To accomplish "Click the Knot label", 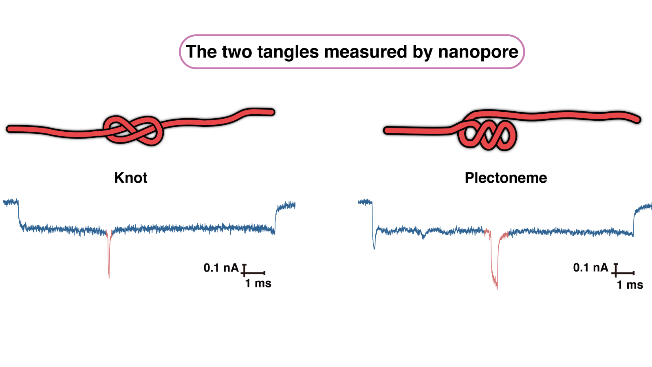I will [x=130, y=178].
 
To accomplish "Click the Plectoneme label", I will [x=506, y=178].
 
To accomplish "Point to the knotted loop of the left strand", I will [x=133, y=130].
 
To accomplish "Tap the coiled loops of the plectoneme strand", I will [x=487, y=135].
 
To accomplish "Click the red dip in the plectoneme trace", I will [x=495, y=265].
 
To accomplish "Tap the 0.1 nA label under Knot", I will [x=221, y=268].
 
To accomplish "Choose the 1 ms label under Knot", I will [x=258, y=283].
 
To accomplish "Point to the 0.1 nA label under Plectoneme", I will [x=590, y=268].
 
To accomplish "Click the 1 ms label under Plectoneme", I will [x=630, y=285].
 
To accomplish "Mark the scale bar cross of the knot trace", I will [x=244, y=272].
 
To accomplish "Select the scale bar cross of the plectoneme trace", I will [x=616, y=272].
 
